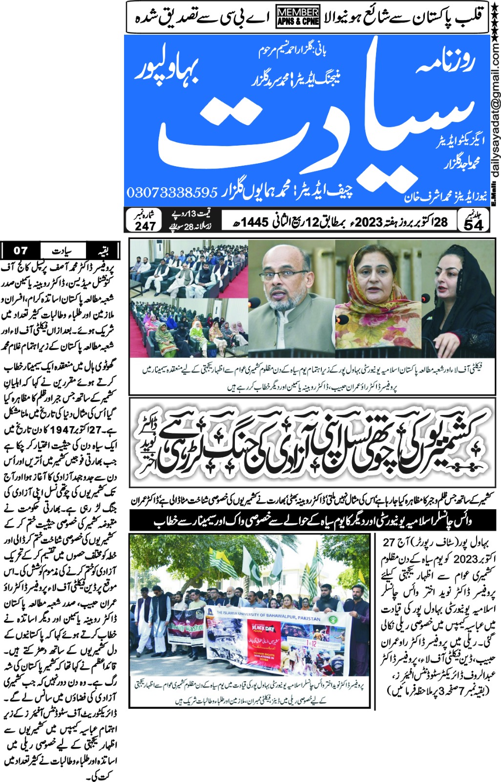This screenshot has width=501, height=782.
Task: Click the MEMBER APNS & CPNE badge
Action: point(298,17)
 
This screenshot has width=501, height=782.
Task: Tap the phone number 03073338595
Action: point(172,192)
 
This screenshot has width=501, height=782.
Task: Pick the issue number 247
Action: point(145,225)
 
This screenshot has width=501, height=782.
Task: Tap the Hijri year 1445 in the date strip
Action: point(254,222)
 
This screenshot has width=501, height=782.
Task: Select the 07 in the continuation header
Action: point(20,251)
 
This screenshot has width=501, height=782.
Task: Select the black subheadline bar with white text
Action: point(313,521)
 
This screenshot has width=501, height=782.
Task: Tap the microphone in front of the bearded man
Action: point(255,303)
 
